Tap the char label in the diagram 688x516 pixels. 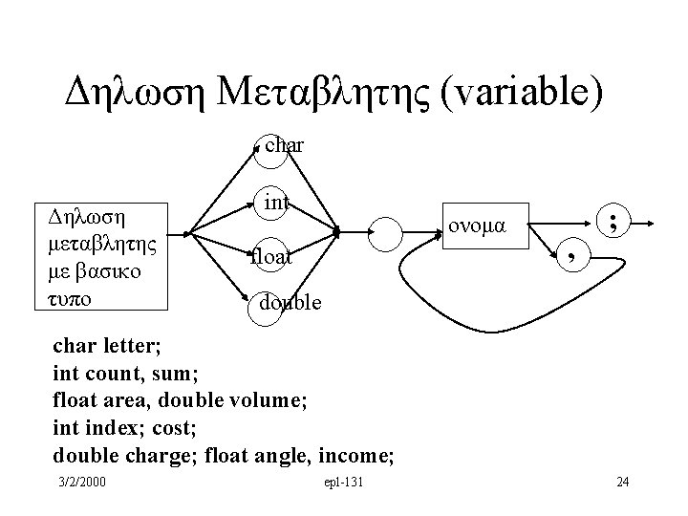(x=284, y=146)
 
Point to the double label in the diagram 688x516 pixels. (x=290, y=303)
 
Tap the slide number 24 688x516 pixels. (x=622, y=481)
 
